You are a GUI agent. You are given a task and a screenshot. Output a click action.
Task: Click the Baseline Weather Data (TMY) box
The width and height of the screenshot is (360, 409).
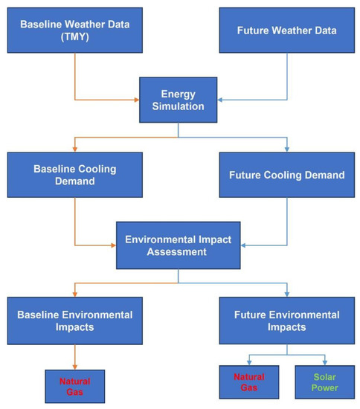click(75, 30)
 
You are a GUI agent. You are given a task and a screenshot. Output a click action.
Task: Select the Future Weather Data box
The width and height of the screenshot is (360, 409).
click(286, 30)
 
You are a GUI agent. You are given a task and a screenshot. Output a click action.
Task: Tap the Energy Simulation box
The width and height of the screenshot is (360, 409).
click(178, 100)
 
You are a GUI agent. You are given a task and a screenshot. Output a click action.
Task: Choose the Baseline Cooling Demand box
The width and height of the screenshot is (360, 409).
click(75, 175)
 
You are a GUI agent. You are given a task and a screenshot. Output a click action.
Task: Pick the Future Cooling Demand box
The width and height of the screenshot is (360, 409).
click(286, 175)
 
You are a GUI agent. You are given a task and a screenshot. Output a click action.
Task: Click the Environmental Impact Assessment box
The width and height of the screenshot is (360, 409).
click(178, 245)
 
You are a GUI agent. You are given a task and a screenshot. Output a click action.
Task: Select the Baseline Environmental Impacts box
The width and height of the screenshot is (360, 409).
click(75, 321)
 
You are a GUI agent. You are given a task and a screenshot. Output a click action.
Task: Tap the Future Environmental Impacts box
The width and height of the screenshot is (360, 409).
click(286, 321)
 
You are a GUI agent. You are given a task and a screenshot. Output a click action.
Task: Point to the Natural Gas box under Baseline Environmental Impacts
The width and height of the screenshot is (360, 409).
click(75, 387)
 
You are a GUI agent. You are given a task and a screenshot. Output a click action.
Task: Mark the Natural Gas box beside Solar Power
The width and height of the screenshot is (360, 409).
click(249, 381)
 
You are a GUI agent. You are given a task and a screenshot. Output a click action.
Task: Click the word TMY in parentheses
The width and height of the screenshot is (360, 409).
click(76, 36)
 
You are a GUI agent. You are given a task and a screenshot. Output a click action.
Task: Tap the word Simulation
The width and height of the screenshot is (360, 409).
click(178, 106)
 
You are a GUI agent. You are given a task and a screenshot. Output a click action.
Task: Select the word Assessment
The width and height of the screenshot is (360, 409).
click(178, 251)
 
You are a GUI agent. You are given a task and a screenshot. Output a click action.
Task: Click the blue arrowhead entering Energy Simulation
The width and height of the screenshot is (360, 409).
click(219, 99)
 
